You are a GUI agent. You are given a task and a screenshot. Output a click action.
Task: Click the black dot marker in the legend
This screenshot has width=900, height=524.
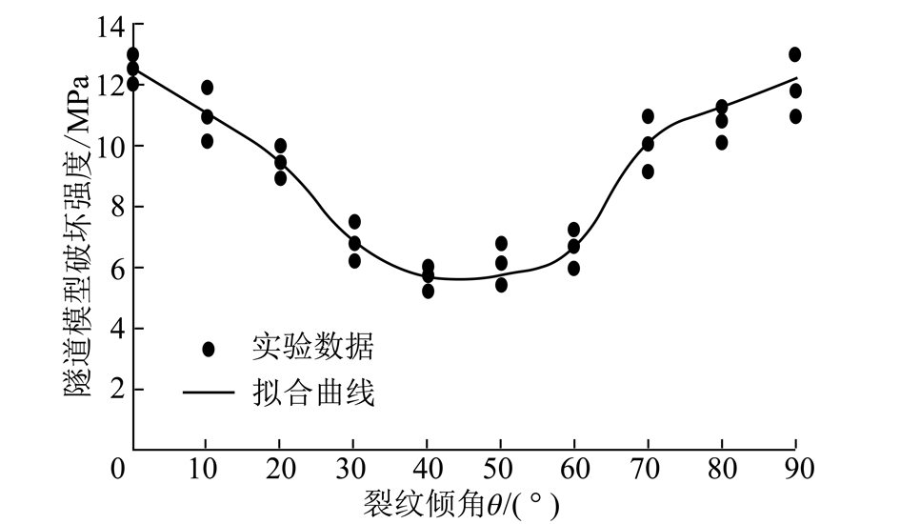pyautogui.click(x=209, y=349)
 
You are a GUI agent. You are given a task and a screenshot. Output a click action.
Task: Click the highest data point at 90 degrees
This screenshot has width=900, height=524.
pyautogui.click(x=795, y=54)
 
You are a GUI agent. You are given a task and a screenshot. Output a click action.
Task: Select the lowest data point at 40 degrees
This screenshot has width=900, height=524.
pyautogui.click(x=428, y=291)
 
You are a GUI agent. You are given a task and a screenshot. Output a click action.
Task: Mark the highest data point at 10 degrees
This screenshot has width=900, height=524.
pyautogui.click(x=207, y=88)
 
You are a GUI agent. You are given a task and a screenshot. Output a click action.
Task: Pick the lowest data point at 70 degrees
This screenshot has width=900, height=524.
pyautogui.click(x=648, y=171)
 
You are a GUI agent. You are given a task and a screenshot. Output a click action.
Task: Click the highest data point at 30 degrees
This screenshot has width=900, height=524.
pyautogui.click(x=354, y=221)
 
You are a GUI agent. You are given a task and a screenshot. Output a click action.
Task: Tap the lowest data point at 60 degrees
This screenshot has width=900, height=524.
pyautogui.click(x=573, y=269)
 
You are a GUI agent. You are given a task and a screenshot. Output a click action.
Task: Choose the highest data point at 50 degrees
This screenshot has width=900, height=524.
pyautogui.click(x=501, y=244)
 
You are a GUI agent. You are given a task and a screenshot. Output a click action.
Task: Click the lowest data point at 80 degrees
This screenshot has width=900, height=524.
pyautogui.click(x=722, y=143)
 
